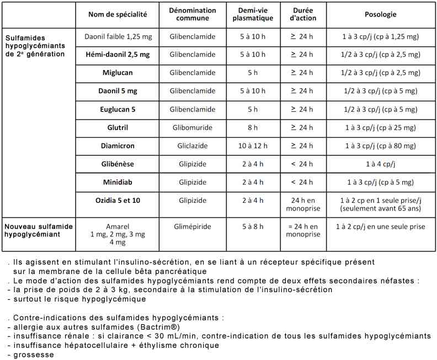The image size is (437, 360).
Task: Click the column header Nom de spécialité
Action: click(x=118, y=14)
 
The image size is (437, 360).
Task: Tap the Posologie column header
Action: click(x=381, y=14)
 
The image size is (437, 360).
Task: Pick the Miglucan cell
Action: click(x=118, y=73)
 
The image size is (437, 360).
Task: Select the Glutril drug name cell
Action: click(x=118, y=127)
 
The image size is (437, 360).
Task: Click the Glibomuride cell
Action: click(x=193, y=127)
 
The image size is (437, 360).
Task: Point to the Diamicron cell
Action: click(x=118, y=146)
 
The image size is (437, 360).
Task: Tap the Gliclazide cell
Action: click(x=193, y=146)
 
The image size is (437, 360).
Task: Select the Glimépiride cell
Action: click(x=193, y=227)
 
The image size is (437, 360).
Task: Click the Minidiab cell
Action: click(x=118, y=182)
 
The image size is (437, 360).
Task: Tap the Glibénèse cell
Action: click(x=118, y=164)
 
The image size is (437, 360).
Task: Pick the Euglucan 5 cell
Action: click(x=118, y=109)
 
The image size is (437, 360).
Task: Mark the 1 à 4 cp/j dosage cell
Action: click(x=381, y=164)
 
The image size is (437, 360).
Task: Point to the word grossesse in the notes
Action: click(x=31, y=354)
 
